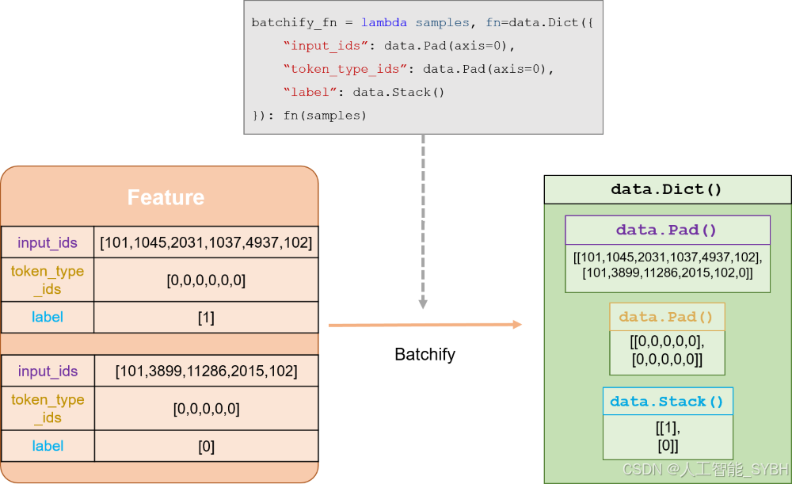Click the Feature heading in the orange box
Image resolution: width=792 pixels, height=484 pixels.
(166, 197)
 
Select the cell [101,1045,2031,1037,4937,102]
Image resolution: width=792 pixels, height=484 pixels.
(206, 242)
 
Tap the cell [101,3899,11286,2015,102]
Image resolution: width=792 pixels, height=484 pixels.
(206, 371)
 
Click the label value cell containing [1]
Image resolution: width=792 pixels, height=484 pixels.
(206, 318)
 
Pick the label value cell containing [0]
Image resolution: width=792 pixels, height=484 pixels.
(206, 446)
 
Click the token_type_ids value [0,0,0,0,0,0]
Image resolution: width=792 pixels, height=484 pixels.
(206, 280)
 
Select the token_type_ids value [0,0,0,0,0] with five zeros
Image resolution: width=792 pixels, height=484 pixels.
(206, 409)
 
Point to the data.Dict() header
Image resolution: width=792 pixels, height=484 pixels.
(667, 189)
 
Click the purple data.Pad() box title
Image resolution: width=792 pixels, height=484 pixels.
(667, 231)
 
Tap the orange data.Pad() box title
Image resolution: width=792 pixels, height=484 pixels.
(666, 317)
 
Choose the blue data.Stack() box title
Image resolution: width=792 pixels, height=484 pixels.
(667, 402)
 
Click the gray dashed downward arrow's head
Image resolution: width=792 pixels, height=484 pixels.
(423, 304)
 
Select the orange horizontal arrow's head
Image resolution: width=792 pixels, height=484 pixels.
(516, 324)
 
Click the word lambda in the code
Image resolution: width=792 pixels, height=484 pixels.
(384, 23)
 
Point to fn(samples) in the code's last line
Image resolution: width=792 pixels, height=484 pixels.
(326, 116)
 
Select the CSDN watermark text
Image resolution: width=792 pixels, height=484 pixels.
(706, 470)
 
